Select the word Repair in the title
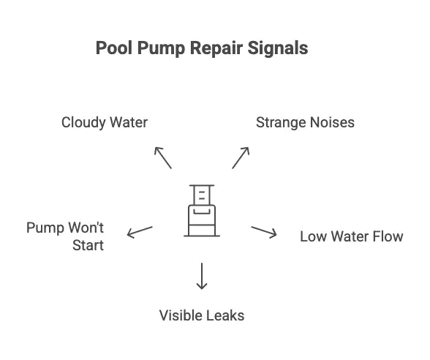216,49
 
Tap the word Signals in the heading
278,49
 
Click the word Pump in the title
161,49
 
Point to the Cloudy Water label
105,123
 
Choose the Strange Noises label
305,123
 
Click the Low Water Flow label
352,236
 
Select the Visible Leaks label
202,315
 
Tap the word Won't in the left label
86,228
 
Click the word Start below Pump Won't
88,245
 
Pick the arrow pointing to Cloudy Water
163,158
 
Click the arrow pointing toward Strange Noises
241,158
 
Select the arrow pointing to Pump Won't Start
140,232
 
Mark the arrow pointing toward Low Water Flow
264,232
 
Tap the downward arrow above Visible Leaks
202,276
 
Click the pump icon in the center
202,211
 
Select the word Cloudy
83,123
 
